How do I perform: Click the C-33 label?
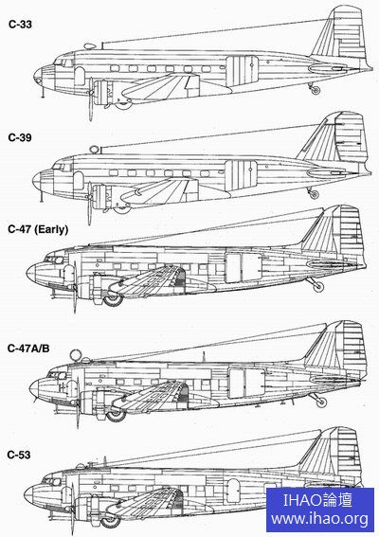(x=20, y=25)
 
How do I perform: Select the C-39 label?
(x=20, y=137)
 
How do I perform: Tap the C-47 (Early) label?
(x=38, y=229)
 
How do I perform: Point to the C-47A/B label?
(x=28, y=349)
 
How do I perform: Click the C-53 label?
(x=19, y=455)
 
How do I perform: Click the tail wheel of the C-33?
(x=316, y=90)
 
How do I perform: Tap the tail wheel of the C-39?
(x=314, y=194)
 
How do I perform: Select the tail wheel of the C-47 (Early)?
(x=318, y=286)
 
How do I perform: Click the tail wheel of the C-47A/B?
(x=321, y=402)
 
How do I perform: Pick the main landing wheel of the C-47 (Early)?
(x=113, y=298)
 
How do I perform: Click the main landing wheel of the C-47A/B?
(x=116, y=415)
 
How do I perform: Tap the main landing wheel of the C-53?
(x=110, y=521)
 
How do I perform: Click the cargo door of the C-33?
(x=242, y=70)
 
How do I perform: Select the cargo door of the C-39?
(x=241, y=174)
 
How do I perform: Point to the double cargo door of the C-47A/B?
(x=246, y=384)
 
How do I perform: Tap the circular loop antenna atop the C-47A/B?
(x=76, y=355)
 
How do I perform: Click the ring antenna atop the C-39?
(x=94, y=150)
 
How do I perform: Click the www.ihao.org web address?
(x=320, y=519)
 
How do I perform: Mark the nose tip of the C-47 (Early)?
(x=27, y=273)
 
